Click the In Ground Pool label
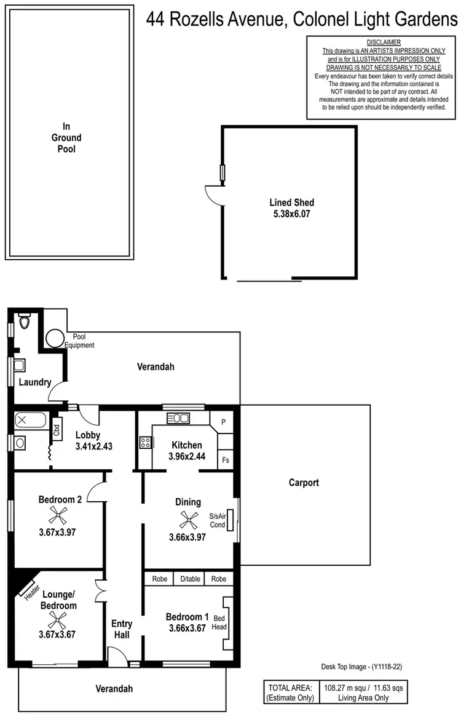click(x=66, y=138)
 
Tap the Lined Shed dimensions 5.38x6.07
click(x=291, y=214)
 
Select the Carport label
click(x=304, y=483)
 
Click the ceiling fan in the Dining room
click(x=187, y=521)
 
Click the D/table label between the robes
click(x=190, y=579)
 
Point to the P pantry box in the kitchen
click(x=223, y=422)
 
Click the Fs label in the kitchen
click(x=225, y=459)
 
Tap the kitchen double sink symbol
click(x=178, y=419)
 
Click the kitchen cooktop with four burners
click(x=146, y=442)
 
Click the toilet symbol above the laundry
click(x=25, y=322)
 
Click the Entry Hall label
click(x=122, y=629)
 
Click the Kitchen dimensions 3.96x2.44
click(x=187, y=457)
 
